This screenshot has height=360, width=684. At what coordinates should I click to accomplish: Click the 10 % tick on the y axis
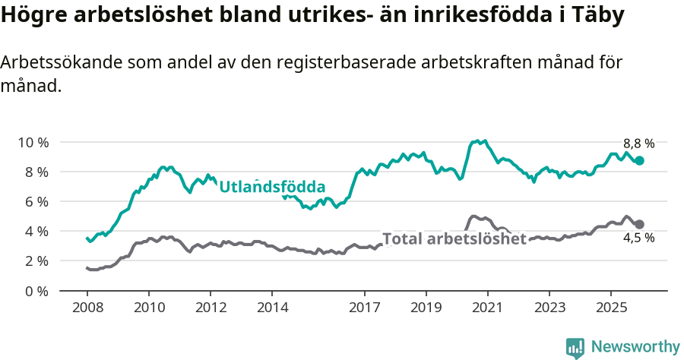click(x=33, y=142)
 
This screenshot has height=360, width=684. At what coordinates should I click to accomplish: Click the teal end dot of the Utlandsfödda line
click(x=640, y=160)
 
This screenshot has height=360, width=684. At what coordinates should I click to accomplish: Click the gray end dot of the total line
click(x=640, y=224)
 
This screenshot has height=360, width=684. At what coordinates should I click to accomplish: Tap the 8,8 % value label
click(x=638, y=143)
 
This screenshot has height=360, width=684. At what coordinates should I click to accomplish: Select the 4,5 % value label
click(x=638, y=238)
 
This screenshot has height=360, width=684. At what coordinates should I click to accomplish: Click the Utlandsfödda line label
click(x=272, y=186)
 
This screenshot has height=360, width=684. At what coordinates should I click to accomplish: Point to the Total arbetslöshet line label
click(x=454, y=239)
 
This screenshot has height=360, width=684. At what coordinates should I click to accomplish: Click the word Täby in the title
click(x=605, y=16)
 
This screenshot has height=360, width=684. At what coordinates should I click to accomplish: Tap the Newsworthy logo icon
click(x=575, y=347)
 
